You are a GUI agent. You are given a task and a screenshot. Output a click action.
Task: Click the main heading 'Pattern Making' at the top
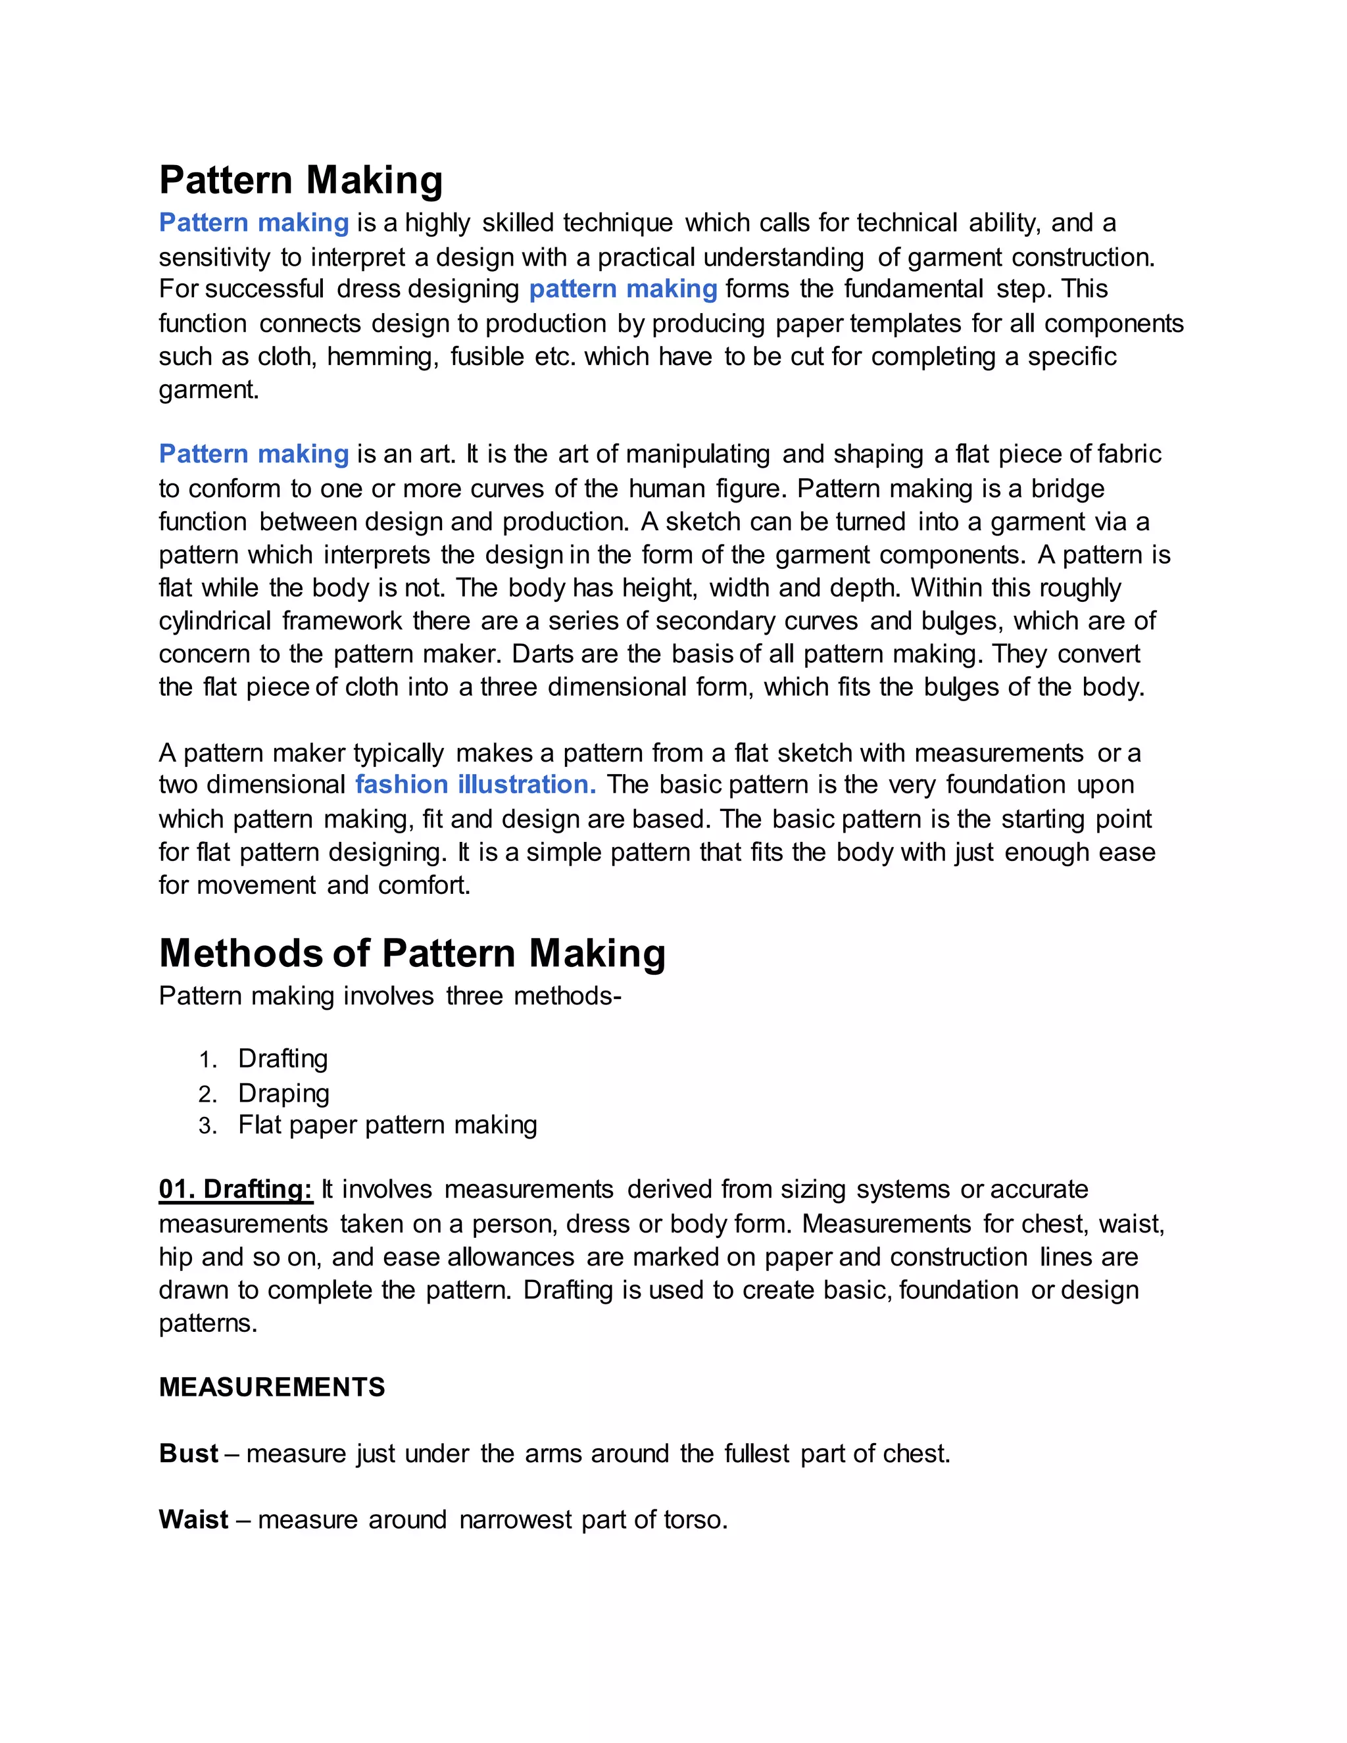tap(301, 180)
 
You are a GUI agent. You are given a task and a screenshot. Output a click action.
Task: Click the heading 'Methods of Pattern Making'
tap(412, 953)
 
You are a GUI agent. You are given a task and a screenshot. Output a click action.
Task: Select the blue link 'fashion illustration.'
tap(476, 785)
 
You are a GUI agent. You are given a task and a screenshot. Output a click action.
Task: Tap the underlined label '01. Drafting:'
tap(235, 1189)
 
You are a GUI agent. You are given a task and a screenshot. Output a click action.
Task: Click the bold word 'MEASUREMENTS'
tap(272, 1387)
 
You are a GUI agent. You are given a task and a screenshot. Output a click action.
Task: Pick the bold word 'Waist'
tap(194, 1519)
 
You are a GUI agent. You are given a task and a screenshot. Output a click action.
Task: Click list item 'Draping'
tap(283, 1092)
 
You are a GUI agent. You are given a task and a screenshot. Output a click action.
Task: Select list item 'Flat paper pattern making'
tap(387, 1125)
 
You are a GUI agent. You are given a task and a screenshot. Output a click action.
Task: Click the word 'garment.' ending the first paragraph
tap(209, 390)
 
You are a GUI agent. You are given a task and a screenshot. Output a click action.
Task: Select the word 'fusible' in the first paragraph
tap(487, 356)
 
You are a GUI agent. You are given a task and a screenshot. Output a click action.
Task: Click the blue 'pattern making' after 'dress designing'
tap(624, 289)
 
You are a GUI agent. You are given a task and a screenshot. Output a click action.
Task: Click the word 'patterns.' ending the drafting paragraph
tap(208, 1323)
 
